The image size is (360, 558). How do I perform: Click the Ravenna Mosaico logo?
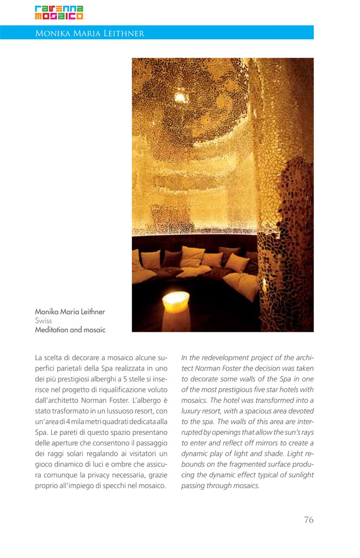tap(59, 13)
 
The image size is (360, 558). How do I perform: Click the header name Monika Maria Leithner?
tap(90, 33)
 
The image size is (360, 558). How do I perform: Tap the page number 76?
tap(309, 519)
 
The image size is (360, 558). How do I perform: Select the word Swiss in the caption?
tap(44, 321)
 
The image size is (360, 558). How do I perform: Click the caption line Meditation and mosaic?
tap(70, 330)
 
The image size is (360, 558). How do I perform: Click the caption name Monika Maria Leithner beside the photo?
tap(70, 312)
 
